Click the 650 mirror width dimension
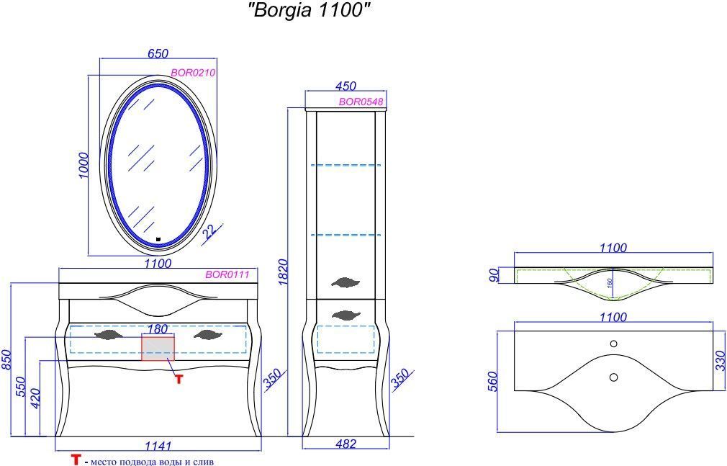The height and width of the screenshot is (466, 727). pos(158,53)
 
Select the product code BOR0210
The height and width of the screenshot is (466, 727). pos(193,73)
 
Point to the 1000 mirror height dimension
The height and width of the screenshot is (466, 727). pos(83,165)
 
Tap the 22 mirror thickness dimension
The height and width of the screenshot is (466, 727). pos(209,230)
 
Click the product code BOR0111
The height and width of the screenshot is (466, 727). pos(227,274)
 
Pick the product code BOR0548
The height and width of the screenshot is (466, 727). pos(361,102)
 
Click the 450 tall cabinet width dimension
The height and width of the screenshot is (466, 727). pos(346,86)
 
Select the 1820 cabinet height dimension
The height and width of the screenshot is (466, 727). pos(284,272)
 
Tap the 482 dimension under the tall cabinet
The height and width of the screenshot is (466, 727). pos(346,444)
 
